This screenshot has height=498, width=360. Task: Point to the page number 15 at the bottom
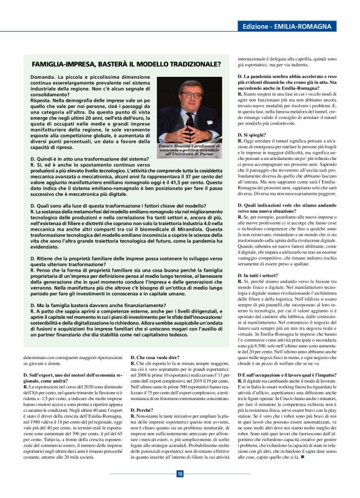pos(179,474)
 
